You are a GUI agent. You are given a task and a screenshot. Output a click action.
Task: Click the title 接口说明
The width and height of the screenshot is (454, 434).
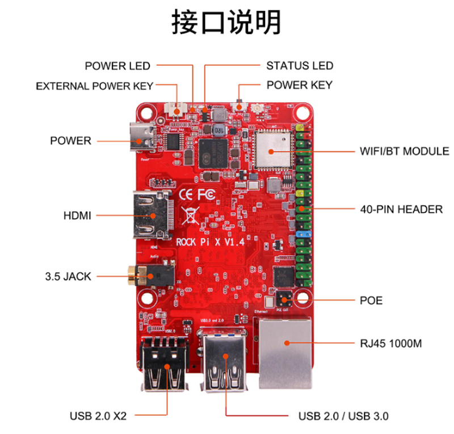(x=226, y=23)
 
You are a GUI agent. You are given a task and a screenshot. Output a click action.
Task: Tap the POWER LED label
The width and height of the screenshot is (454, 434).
(x=117, y=66)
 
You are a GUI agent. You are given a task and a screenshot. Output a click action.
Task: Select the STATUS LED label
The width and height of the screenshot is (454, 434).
(x=300, y=66)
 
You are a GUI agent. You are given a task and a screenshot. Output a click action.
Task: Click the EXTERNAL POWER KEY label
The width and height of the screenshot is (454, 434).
(x=94, y=86)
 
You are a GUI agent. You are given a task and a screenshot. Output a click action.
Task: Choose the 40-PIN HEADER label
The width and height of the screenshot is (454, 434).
(x=401, y=210)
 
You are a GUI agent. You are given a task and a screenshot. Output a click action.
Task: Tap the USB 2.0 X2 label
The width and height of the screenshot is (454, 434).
(x=98, y=416)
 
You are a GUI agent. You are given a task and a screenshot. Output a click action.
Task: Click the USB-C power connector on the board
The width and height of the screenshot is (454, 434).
(x=143, y=136)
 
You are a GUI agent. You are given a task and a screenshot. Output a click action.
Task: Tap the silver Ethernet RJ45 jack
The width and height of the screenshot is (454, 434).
(x=285, y=352)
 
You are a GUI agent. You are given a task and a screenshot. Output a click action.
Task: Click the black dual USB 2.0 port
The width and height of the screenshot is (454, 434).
(x=166, y=364)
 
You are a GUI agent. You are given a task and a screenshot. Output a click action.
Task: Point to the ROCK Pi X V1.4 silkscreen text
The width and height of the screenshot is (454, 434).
(x=211, y=241)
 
